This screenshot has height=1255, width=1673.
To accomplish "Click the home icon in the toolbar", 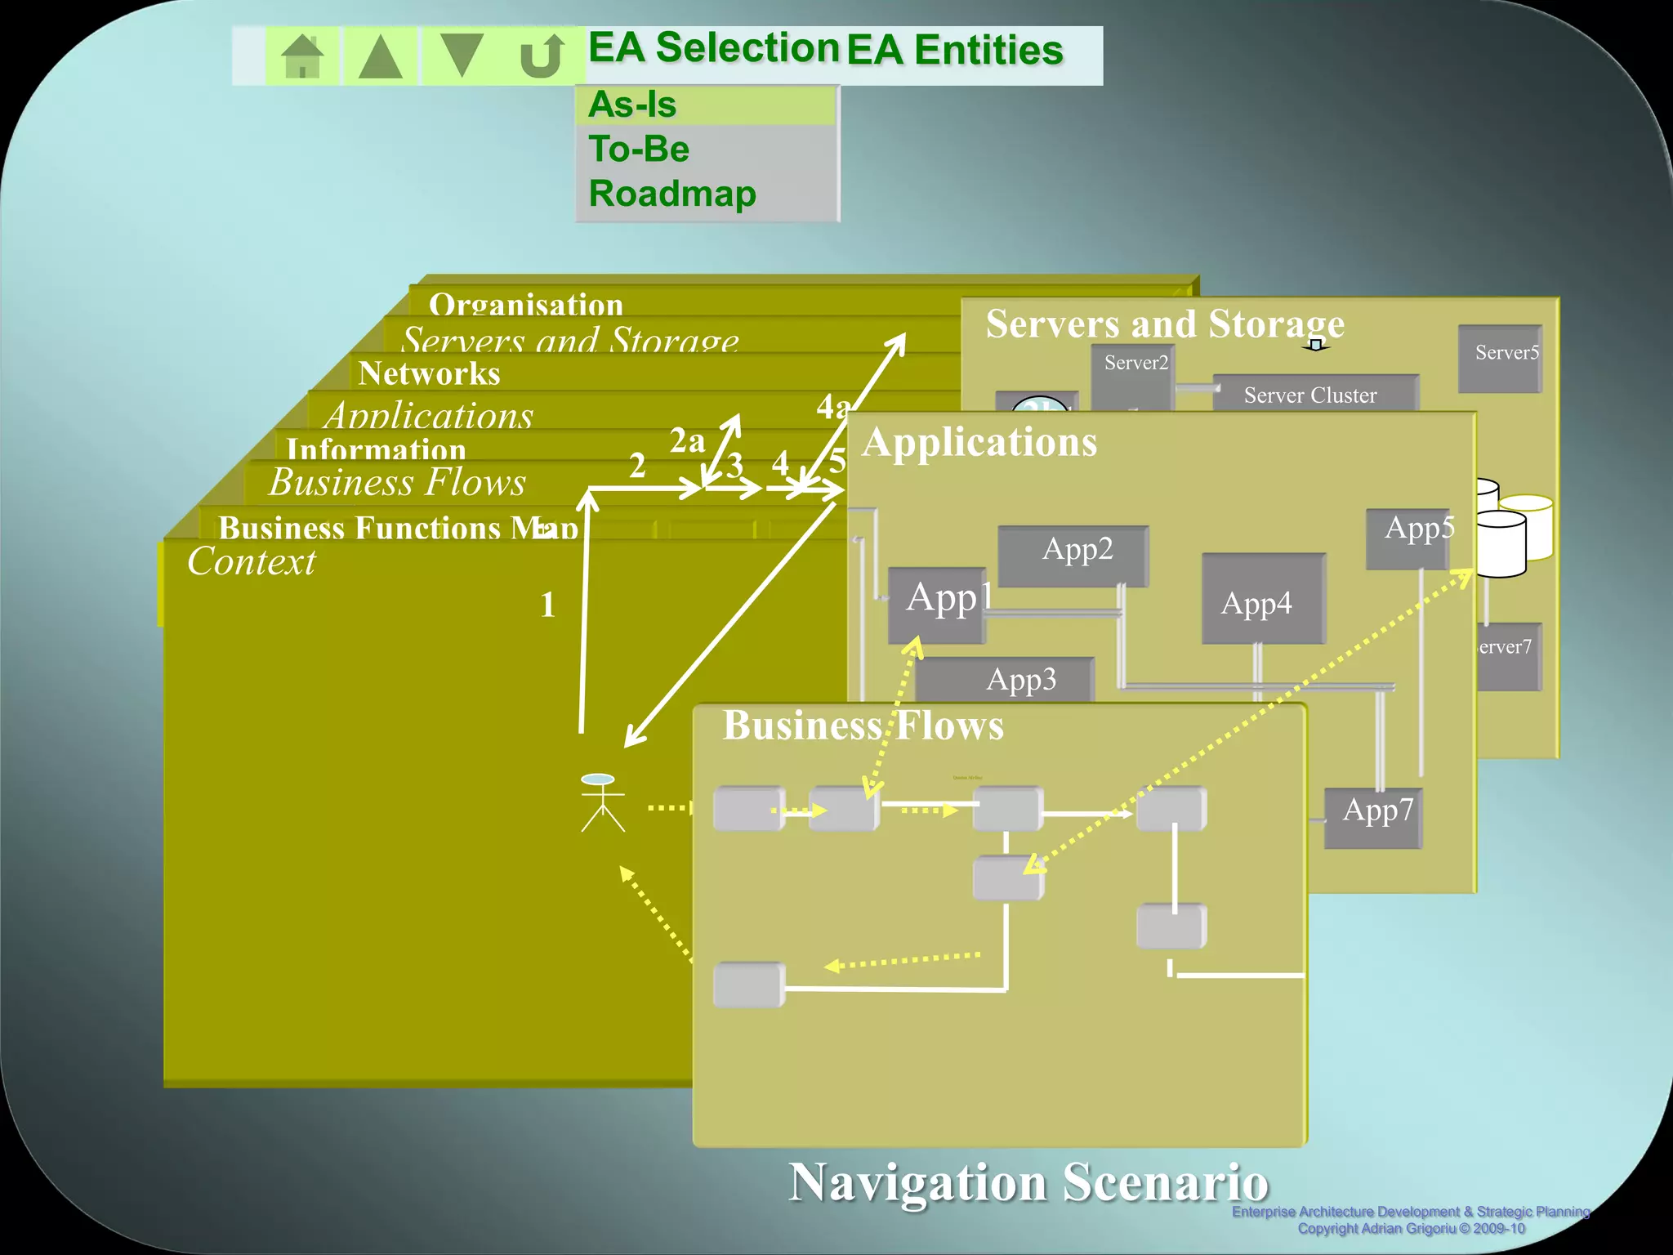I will (x=302, y=56).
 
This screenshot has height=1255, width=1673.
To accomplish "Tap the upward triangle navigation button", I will (x=381, y=56).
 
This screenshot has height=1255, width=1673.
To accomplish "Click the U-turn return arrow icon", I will (x=542, y=56).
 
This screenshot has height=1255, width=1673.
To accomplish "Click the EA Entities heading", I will (x=954, y=51).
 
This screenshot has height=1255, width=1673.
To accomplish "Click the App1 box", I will (x=937, y=604).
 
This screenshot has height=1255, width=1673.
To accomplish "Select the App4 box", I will (x=1262, y=601).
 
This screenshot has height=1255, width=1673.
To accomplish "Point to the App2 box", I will (x=1074, y=555).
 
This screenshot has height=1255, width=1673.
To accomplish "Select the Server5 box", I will (x=1501, y=358).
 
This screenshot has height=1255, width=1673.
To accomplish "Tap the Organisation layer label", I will (x=526, y=305).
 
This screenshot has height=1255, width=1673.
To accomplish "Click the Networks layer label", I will (x=429, y=373).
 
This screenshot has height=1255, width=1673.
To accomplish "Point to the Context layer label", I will (x=252, y=562).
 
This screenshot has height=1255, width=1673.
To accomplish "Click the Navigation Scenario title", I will (x=1028, y=1182).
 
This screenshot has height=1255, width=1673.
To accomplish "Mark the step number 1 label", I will (x=548, y=605).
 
